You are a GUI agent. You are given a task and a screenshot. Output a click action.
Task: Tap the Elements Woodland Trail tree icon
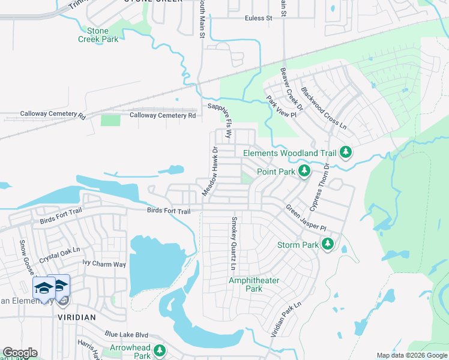pyautogui.click(x=345, y=153)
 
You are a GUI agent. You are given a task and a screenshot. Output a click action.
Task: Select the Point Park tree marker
pyautogui.click(x=304, y=172)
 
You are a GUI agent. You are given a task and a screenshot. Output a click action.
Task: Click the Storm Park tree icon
pyautogui.click(x=327, y=244)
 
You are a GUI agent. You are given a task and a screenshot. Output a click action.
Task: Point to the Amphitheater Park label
pyautogui.click(x=246, y=284)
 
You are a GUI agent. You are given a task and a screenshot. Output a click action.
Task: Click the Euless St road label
pyautogui.click(x=258, y=19)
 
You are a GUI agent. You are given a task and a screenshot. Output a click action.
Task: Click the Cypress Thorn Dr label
pyautogui.click(x=320, y=187)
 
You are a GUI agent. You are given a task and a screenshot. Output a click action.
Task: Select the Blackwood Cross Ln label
pyautogui.click(x=324, y=109)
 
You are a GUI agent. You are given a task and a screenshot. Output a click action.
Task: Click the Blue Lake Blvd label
pyautogui.click(x=126, y=335)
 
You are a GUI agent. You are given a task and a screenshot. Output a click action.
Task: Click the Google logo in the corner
pyautogui.click(x=20, y=353)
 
